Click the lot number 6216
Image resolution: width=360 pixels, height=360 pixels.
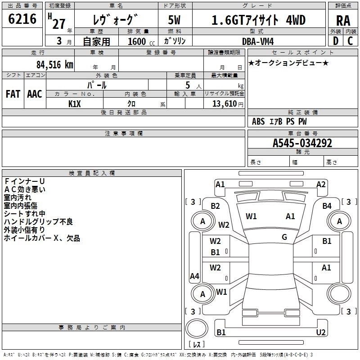tap(22, 20)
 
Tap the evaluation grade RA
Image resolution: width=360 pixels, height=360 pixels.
tap(343, 20)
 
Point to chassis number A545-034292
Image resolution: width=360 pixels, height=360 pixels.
tap(302, 143)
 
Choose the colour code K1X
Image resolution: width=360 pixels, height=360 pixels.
tap(74, 103)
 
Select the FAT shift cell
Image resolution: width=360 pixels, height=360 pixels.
tap(13, 94)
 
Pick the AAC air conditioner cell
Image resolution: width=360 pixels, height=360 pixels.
tap(35, 94)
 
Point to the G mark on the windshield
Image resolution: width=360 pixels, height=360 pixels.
tap(284, 237)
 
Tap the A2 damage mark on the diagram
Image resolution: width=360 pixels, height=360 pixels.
tap(321, 184)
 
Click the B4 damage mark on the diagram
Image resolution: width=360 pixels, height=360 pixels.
tap(327, 206)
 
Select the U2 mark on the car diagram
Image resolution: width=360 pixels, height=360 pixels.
tap(320, 332)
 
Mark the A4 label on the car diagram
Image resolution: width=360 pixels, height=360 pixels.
tap(194, 276)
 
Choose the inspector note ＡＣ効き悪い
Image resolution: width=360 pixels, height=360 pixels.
tap(25, 189)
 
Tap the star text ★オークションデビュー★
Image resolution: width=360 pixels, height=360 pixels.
tap(288, 63)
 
